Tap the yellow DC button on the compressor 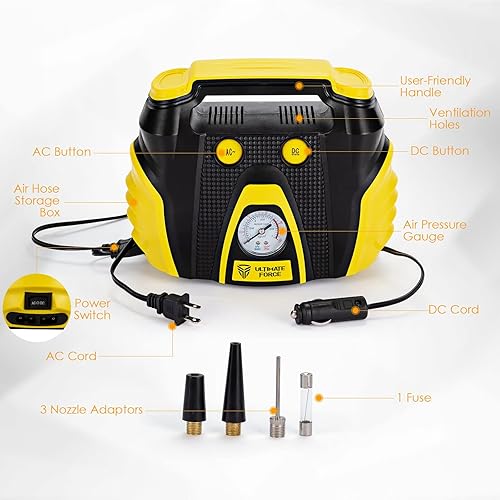point(296,152)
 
